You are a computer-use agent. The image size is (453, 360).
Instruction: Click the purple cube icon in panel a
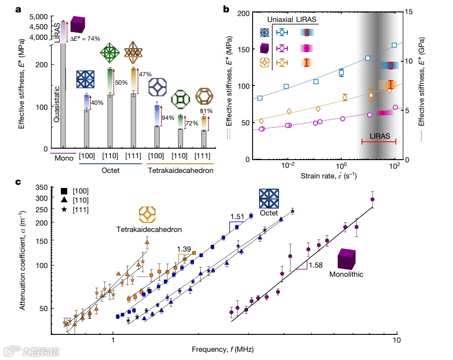pyautogui.click(x=77, y=25)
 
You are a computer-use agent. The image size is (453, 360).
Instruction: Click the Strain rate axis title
pyautogui.click(x=329, y=176)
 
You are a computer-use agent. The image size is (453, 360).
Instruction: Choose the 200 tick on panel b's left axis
pyautogui.click(x=243, y=13)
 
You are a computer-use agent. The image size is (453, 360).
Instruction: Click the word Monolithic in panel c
pyautogui.click(x=346, y=274)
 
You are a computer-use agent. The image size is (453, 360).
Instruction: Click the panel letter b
pyautogui.click(x=226, y=8)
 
